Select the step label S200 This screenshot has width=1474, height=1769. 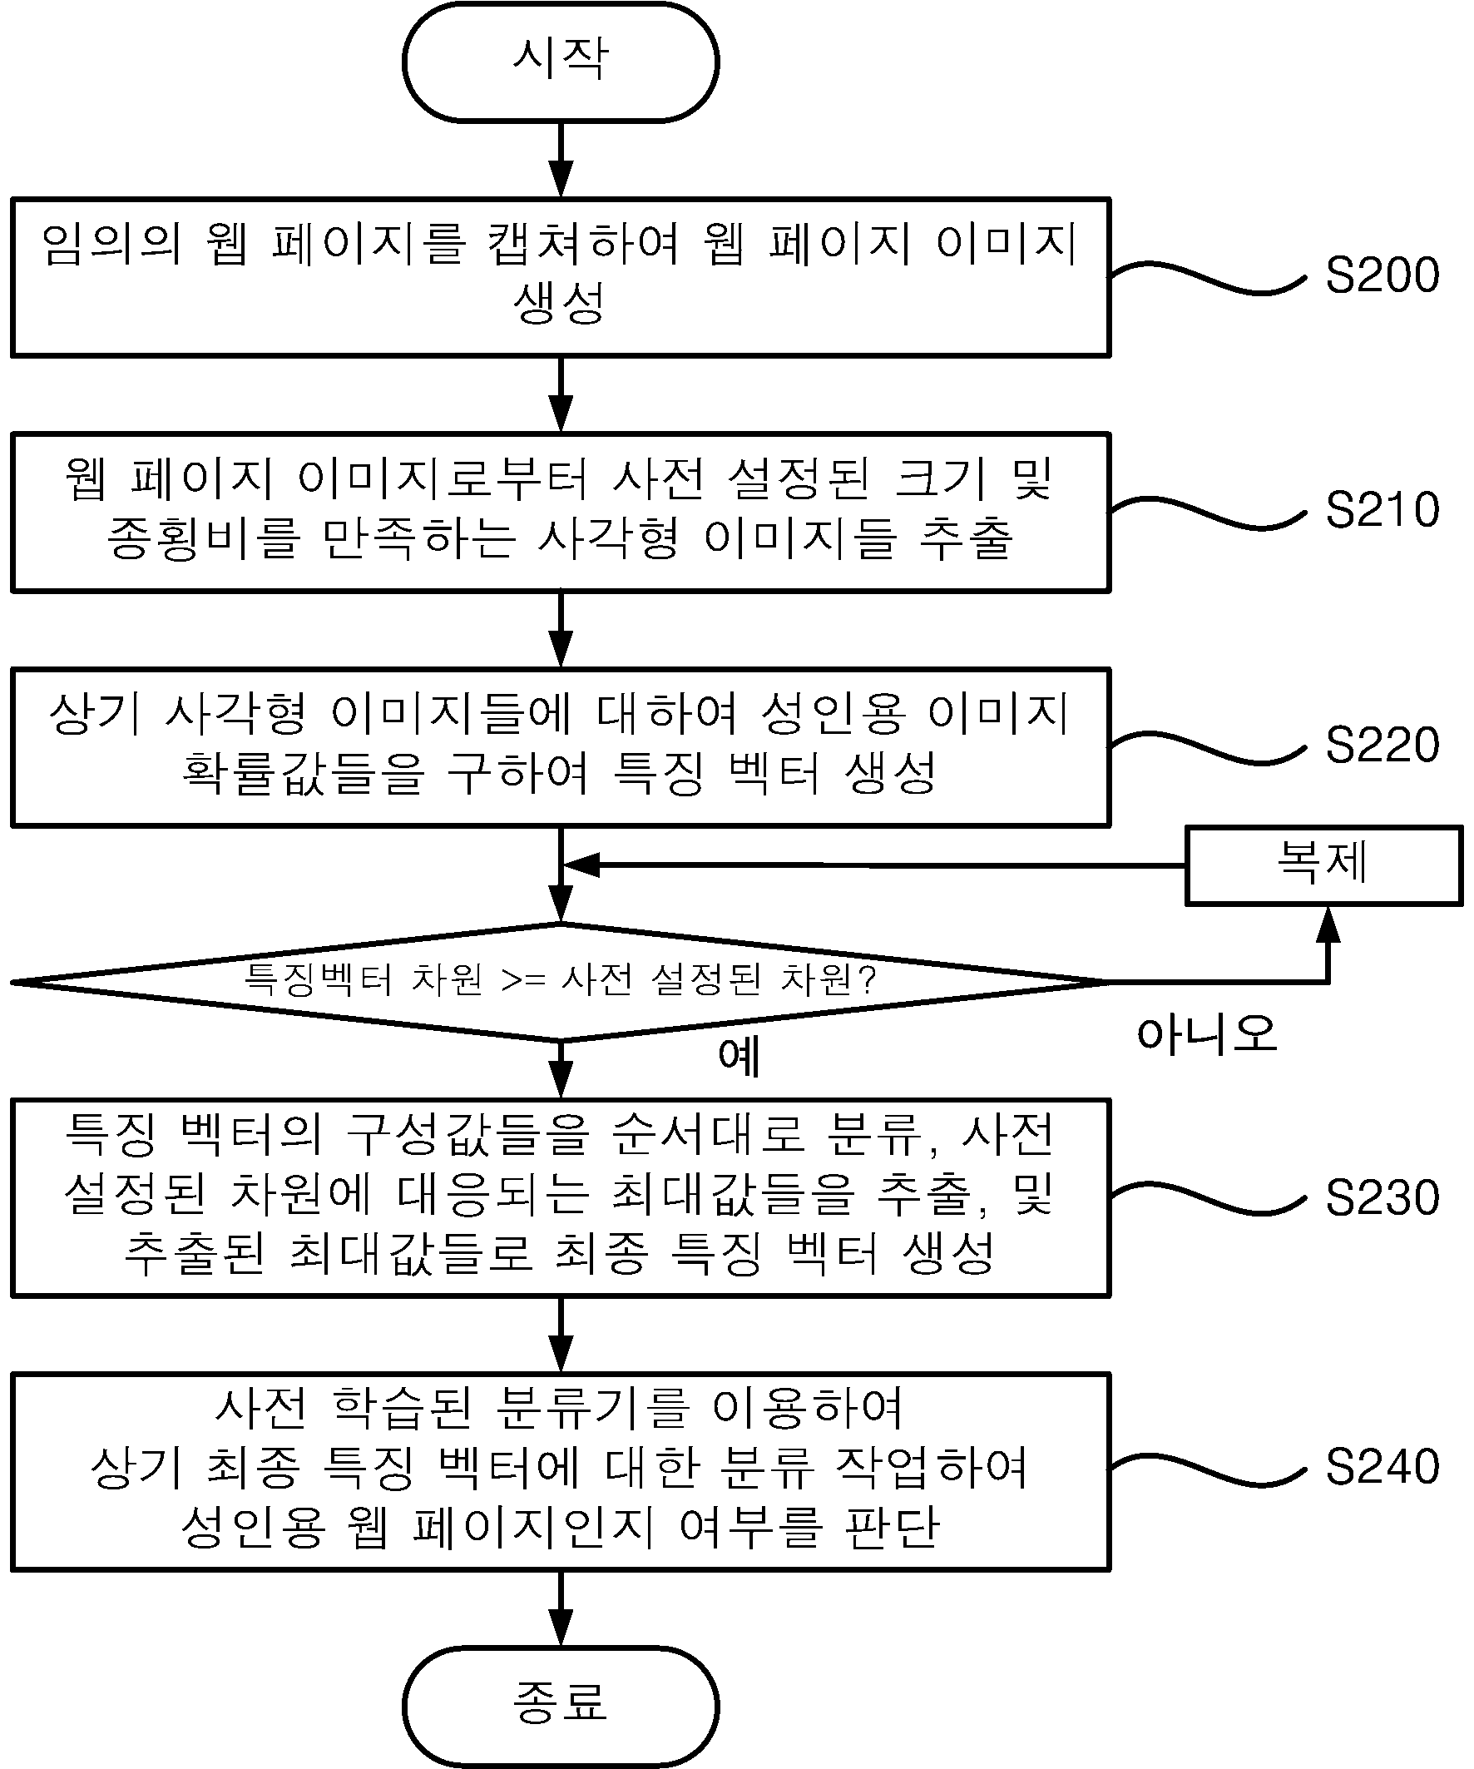tap(1382, 275)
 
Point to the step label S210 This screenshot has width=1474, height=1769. tap(1382, 509)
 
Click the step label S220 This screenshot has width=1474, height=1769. tap(1382, 745)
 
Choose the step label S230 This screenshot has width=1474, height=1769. tap(1382, 1197)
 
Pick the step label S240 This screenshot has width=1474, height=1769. tap(1382, 1467)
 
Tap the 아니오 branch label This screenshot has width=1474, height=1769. tap(1207, 1033)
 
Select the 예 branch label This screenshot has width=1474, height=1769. tap(739, 1057)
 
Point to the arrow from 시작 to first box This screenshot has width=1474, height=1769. tap(560, 160)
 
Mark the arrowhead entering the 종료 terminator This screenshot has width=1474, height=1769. tap(560, 1629)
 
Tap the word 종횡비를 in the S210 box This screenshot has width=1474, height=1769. tap(204, 538)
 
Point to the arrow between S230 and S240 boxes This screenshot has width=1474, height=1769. tap(560, 1336)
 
